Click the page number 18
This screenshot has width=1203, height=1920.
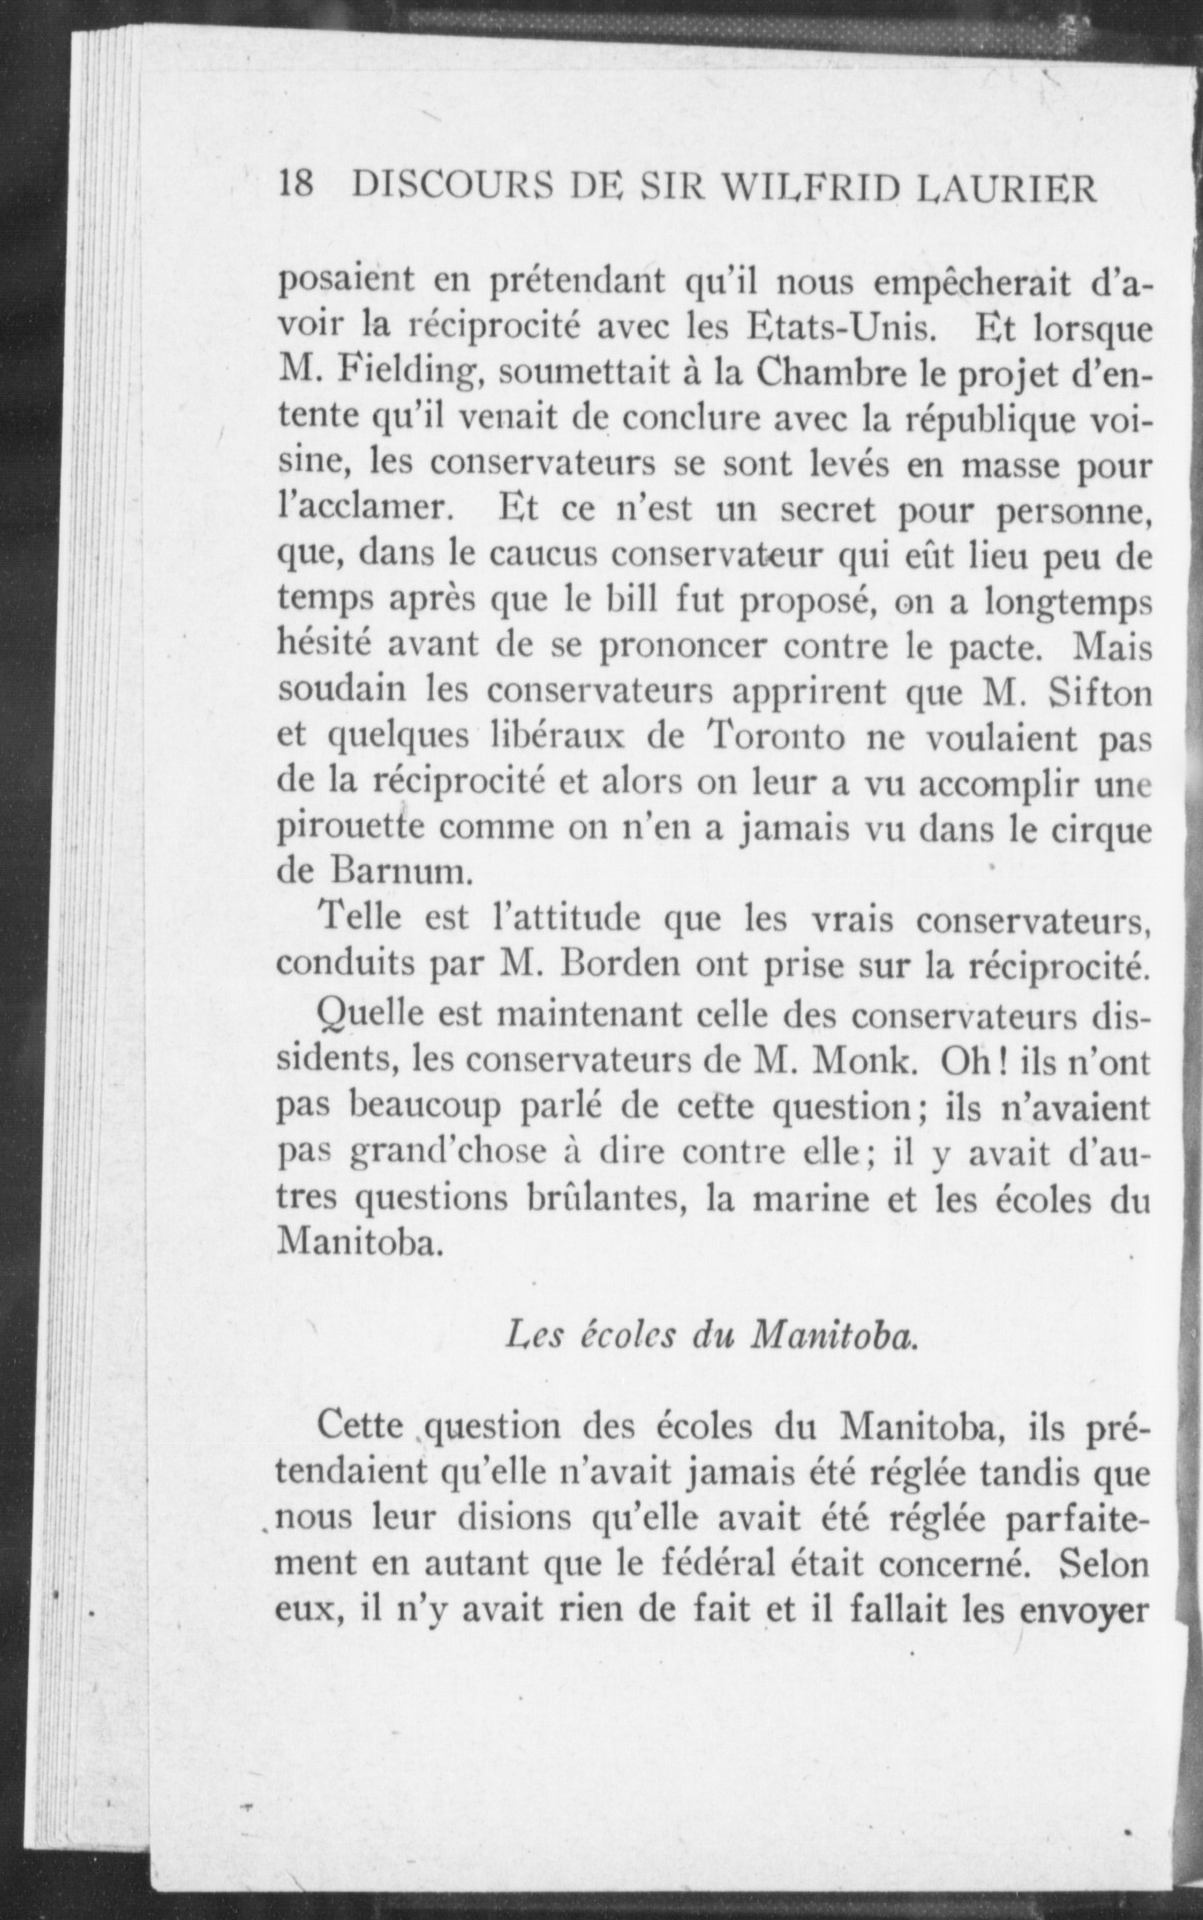pyautogui.click(x=295, y=187)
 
